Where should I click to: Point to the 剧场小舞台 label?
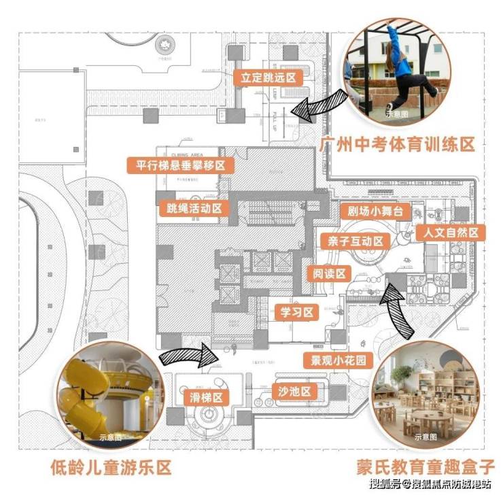375,211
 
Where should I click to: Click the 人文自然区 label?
452,232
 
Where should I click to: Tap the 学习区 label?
296,313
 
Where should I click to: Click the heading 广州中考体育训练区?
396,144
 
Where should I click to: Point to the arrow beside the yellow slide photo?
185,354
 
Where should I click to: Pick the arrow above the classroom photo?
398,311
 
